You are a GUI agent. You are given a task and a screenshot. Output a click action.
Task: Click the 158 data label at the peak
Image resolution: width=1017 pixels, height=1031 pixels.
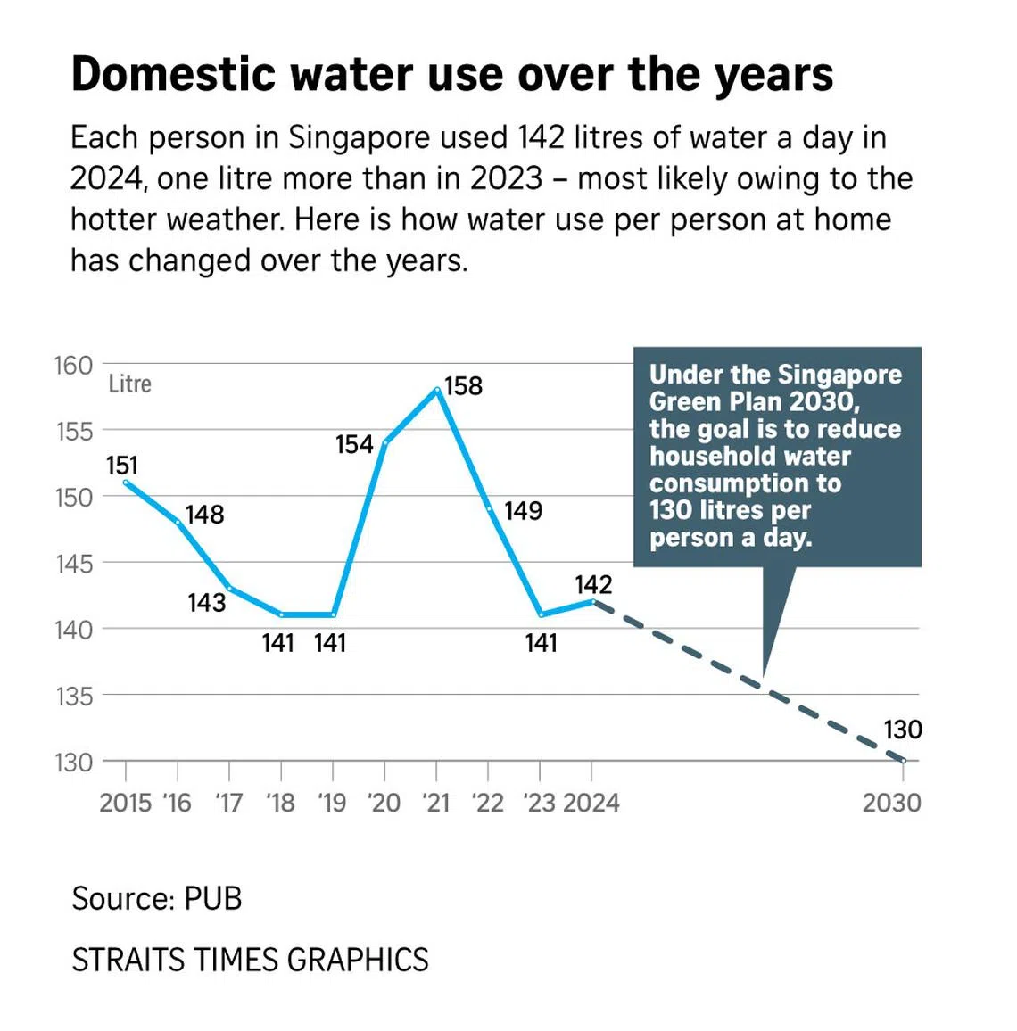pyautogui.click(x=463, y=385)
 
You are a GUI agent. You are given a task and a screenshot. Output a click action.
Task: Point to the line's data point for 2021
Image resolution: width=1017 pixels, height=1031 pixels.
pyautogui.click(x=437, y=390)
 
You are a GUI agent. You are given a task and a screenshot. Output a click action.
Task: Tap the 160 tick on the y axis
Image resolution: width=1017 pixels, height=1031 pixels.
pyautogui.click(x=73, y=365)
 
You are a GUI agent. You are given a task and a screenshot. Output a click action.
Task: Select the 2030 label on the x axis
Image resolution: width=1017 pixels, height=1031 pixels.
pyautogui.click(x=891, y=803)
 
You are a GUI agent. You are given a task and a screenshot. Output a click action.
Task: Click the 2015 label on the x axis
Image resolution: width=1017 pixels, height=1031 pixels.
pyautogui.click(x=125, y=803)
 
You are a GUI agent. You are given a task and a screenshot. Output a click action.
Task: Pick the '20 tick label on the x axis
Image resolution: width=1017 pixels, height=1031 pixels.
pyautogui.click(x=384, y=803)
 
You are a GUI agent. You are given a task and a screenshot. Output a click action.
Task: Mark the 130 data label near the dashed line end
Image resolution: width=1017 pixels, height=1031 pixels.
pyautogui.click(x=902, y=730)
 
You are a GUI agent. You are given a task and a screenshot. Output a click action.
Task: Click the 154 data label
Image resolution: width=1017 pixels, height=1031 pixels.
pyautogui.click(x=354, y=444)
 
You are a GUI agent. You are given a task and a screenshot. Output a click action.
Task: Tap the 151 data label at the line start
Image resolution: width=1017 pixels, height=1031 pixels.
pyautogui.click(x=122, y=466)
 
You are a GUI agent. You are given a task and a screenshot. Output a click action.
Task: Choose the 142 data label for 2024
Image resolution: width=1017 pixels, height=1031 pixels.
pyautogui.click(x=593, y=584)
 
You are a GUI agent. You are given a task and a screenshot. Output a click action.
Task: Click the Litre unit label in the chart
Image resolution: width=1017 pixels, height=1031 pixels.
pyautogui.click(x=130, y=384)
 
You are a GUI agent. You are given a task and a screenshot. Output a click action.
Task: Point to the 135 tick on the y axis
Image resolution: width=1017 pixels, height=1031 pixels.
pyautogui.click(x=73, y=696)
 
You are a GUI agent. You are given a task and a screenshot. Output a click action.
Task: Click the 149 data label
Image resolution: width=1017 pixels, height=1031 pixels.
pyautogui.click(x=523, y=510)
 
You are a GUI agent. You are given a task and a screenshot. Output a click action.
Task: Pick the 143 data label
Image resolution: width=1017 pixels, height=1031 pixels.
pyautogui.click(x=206, y=603)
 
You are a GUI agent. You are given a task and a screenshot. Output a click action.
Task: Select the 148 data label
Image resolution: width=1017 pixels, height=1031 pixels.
pyautogui.click(x=204, y=515)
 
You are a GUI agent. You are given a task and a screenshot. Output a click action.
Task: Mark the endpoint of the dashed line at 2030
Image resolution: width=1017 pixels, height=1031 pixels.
pyautogui.click(x=903, y=761)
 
